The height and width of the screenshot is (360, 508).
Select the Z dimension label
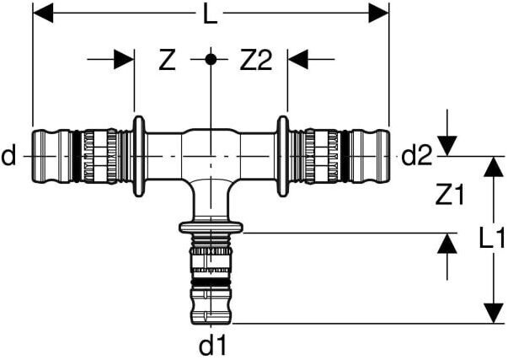(168, 60)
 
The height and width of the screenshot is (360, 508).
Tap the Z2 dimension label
(256, 60)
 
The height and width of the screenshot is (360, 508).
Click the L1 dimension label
(491, 239)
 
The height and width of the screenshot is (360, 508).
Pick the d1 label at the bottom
(211, 344)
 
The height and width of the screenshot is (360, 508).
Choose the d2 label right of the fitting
(416, 156)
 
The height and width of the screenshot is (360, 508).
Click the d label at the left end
(8, 156)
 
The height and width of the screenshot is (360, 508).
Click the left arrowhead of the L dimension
(42, 13)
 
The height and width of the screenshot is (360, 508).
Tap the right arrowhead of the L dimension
(379, 13)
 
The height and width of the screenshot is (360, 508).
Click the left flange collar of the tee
(138, 156)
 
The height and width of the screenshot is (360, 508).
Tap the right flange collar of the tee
(283, 156)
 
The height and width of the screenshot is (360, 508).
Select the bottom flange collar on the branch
(211, 226)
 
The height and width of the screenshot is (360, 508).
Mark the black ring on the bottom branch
(211, 281)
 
